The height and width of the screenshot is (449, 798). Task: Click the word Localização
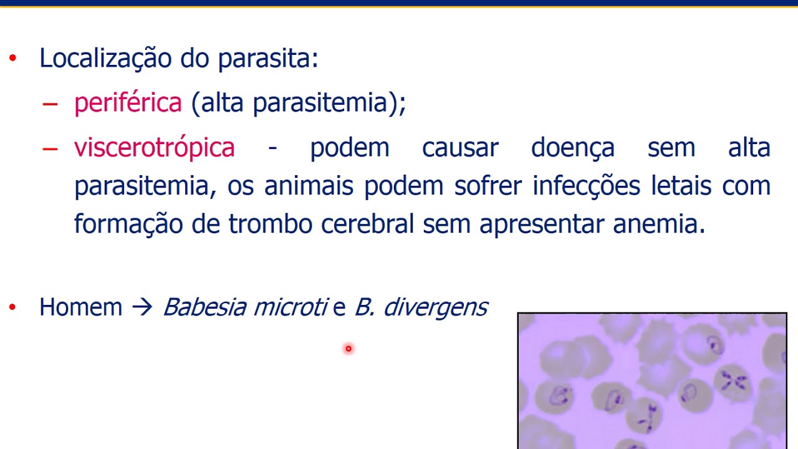(105, 59)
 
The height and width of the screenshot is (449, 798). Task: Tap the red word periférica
(128, 103)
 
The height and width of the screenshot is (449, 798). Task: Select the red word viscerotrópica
(154, 148)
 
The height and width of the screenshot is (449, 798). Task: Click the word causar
(460, 148)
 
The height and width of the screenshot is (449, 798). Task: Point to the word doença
(573, 148)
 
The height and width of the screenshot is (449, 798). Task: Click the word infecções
(585, 186)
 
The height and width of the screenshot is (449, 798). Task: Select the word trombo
(270, 224)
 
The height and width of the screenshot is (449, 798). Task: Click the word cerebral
(367, 224)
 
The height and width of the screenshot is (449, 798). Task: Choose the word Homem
(80, 307)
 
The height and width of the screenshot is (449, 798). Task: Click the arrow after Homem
(142, 307)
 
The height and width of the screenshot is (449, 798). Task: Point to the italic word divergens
(435, 307)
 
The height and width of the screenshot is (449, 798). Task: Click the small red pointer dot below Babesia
(349, 349)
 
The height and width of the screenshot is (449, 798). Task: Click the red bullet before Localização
(13, 59)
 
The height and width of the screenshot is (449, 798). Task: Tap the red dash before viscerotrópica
(50, 148)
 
